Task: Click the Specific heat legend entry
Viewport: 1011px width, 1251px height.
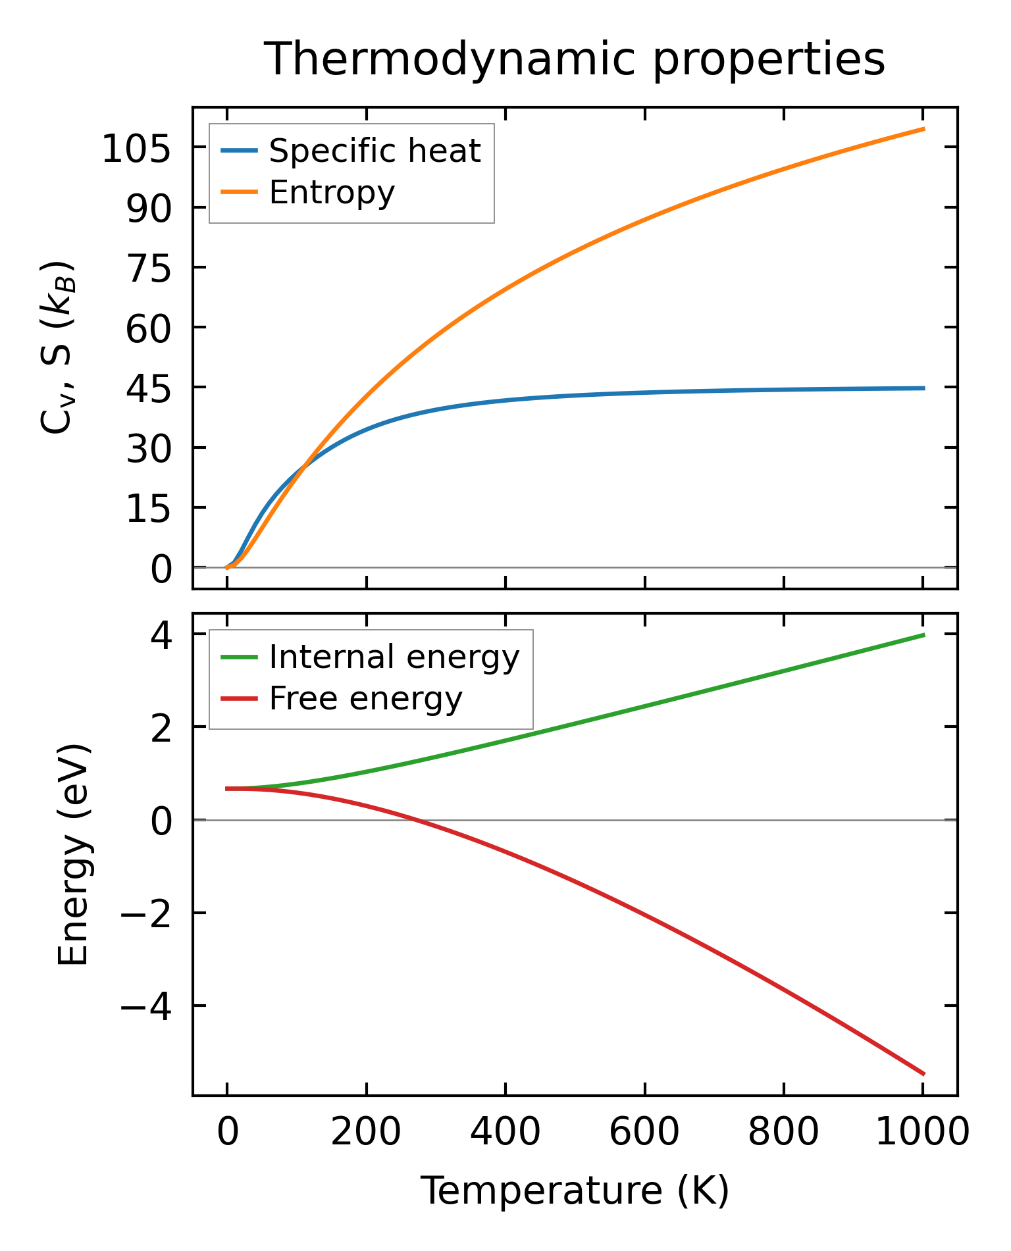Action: (x=375, y=151)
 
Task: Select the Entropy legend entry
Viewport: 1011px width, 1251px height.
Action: (x=332, y=193)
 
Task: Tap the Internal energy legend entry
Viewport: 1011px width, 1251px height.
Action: (x=394, y=657)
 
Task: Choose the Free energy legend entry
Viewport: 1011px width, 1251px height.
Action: (x=365, y=699)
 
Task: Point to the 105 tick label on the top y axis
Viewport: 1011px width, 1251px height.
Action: (x=136, y=151)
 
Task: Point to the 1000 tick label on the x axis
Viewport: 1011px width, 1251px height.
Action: (x=923, y=1133)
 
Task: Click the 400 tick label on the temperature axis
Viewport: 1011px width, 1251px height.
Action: (x=505, y=1133)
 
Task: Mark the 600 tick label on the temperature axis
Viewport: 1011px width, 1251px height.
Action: (x=644, y=1133)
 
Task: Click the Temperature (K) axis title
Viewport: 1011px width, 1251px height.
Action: (x=574, y=1191)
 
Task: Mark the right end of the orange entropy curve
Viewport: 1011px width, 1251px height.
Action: (x=924, y=129)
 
